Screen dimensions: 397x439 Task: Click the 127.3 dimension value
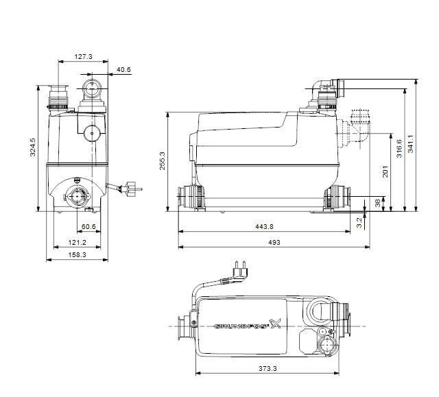pyautogui.click(x=83, y=57)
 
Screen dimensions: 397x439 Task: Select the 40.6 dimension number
pyautogui.click(x=123, y=69)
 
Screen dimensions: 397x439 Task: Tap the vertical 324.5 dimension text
pyautogui.click(x=33, y=148)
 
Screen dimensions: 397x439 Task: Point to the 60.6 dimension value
pyautogui.click(x=88, y=226)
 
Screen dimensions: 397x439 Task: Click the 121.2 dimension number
pyautogui.click(x=76, y=242)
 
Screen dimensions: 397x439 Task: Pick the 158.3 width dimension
pyautogui.click(x=76, y=255)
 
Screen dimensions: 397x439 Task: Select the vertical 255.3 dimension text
pyautogui.click(x=162, y=162)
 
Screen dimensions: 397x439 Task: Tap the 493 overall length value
pyautogui.click(x=273, y=242)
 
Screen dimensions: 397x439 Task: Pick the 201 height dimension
pyautogui.click(x=385, y=171)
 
